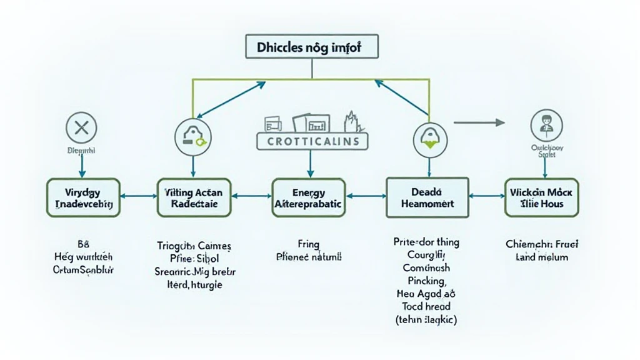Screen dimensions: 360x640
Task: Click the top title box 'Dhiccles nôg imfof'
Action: (309, 47)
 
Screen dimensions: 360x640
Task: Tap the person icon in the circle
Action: (542, 124)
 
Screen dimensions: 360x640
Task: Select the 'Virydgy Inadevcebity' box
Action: (83, 197)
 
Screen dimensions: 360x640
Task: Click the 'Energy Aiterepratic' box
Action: (308, 197)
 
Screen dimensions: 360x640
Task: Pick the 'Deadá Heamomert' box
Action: (427, 197)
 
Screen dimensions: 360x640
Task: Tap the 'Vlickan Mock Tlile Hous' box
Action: (542, 197)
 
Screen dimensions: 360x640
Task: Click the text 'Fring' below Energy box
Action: (308, 244)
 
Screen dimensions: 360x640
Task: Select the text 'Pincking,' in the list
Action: (427, 281)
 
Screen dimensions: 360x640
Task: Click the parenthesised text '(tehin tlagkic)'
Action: (427, 319)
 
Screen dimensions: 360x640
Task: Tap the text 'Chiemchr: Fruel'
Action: (542, 244)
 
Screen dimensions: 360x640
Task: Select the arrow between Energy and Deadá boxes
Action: (366, 196)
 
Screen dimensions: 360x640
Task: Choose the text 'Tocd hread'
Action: (427, 306)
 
